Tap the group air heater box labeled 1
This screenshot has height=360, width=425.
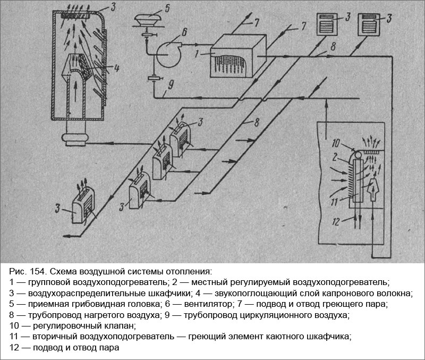pyautogui.click(x=238, y=56)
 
